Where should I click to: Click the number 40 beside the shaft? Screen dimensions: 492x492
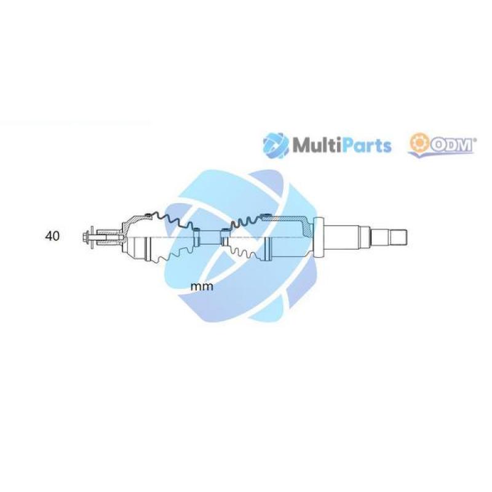click(x=52, y=236)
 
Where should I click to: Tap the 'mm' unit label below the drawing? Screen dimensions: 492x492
click(x=202, y=287)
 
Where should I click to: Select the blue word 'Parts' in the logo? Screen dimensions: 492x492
click(x=366, y=146)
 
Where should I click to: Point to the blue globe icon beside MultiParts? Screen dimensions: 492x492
click(x=276, y=146)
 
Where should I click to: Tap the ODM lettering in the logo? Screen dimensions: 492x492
click(x=451, y=146)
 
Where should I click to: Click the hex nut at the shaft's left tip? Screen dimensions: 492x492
click(x=85, y=237)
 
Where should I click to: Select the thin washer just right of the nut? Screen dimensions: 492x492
click(x=92, y=237)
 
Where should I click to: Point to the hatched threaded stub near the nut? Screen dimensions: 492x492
click(x=109, y=237)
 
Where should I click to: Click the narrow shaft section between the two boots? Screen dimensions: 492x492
click(x=210, y=237)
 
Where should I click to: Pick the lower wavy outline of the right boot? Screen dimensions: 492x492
click(x=248, y=253)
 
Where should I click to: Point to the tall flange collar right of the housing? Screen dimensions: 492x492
click(x=319, y=238)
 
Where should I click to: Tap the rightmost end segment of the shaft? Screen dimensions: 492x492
click(x=399, y=237)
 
